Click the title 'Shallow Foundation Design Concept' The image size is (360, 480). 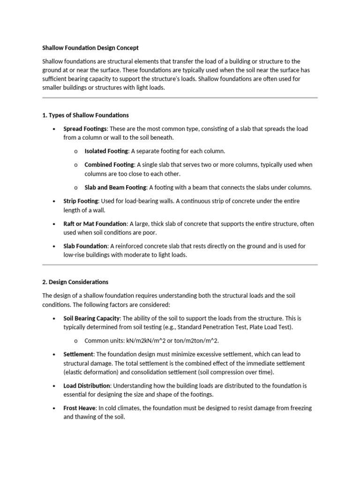[90, 48]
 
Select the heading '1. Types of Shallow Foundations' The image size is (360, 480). [85, 115]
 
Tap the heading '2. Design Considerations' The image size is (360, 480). [75, 282]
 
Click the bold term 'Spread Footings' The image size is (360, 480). [85, 128]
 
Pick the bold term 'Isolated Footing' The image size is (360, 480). [106, 151]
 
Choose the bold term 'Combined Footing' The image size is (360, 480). [109, 165]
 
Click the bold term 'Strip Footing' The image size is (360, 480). [81, 201]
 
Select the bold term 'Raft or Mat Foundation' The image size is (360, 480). [95, 224]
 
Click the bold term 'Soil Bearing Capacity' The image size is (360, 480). [92, 318]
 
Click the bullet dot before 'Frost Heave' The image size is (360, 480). [54, 408]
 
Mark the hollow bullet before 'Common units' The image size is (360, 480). [75, 341]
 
